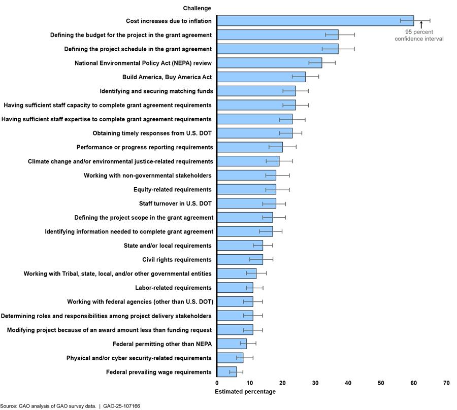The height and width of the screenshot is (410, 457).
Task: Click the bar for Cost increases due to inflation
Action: [315, 21]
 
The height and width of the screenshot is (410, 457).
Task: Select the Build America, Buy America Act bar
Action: [261, 77]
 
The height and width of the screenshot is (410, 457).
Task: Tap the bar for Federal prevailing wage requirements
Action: [226, 372]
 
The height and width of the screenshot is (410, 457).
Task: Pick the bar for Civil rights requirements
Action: [240, 260]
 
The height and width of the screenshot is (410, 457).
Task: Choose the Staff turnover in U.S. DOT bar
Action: [246, 203]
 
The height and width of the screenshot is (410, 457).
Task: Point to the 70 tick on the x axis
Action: [446, 383]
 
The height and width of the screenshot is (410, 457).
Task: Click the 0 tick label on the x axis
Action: [217, 383]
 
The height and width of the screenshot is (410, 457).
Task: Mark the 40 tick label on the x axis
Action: [348, 383]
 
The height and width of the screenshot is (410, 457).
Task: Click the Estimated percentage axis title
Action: [245, 392]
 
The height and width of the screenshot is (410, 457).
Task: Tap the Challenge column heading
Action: [197, 8]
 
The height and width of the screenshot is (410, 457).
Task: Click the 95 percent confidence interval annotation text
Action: [419, 36]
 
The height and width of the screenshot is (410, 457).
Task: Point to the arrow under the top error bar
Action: [421, 24]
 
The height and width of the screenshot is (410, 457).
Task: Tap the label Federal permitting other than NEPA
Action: [162, 344]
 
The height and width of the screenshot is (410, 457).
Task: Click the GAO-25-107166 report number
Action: [121, 406]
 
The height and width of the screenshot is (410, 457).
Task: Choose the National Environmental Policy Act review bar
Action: [269, 63]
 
